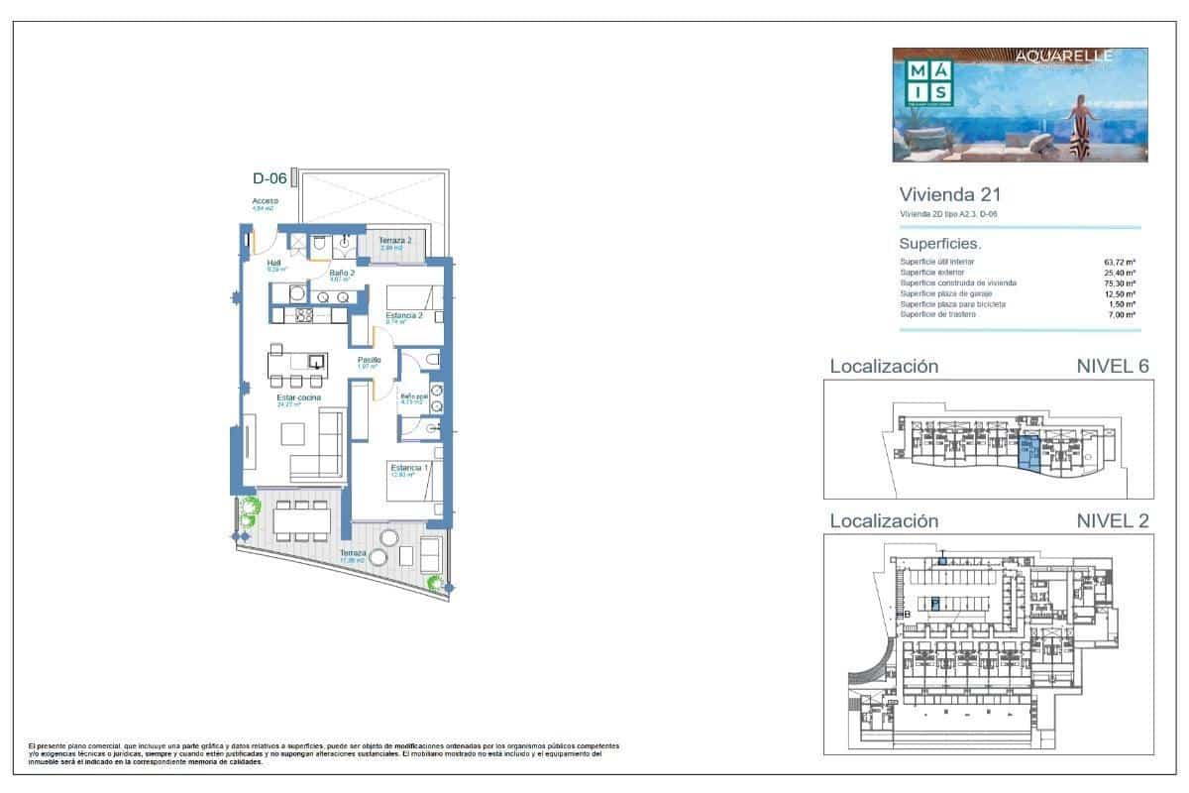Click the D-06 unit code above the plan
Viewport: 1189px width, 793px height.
(270, 179)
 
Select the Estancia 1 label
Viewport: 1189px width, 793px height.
(409, 468)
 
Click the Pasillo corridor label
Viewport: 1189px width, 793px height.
(370, 360)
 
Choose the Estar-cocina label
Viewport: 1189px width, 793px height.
(298, 398)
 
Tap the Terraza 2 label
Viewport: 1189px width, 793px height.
(395, 240)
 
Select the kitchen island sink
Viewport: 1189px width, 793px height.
(315, 361)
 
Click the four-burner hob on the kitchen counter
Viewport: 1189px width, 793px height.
(304, 316)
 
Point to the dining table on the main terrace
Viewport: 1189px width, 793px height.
(302, 517)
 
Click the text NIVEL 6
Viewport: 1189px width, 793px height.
(1112, 366)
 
